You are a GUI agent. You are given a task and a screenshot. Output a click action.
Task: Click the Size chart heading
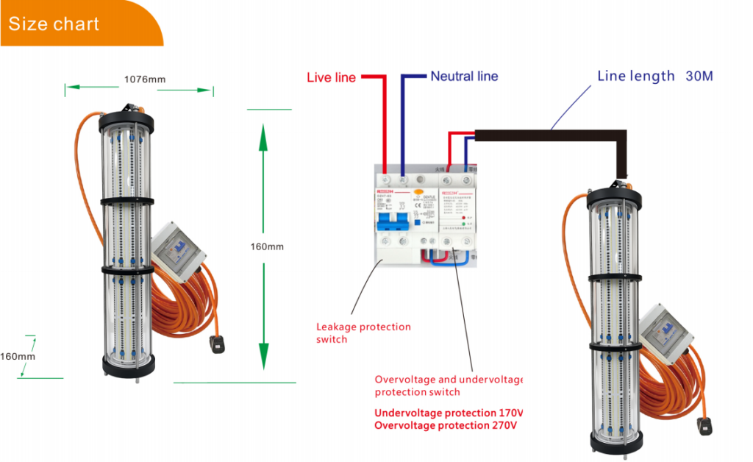coord(54,24)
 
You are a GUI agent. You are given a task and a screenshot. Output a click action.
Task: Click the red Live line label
coord(331,77)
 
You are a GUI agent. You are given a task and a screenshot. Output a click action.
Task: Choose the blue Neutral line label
coord(464,76)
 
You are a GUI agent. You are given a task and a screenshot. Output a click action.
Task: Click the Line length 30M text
coord(654,76)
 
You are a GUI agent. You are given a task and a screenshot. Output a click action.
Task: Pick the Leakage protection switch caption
coord(363,333)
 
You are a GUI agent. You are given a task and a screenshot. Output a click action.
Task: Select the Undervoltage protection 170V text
coord(448,413)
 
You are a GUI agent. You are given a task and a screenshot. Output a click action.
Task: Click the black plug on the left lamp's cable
coord(218,343)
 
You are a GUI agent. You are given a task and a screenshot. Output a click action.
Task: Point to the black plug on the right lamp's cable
coord(703,424)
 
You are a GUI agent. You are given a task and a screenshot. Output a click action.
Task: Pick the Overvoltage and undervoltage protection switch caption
coord(448,385)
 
